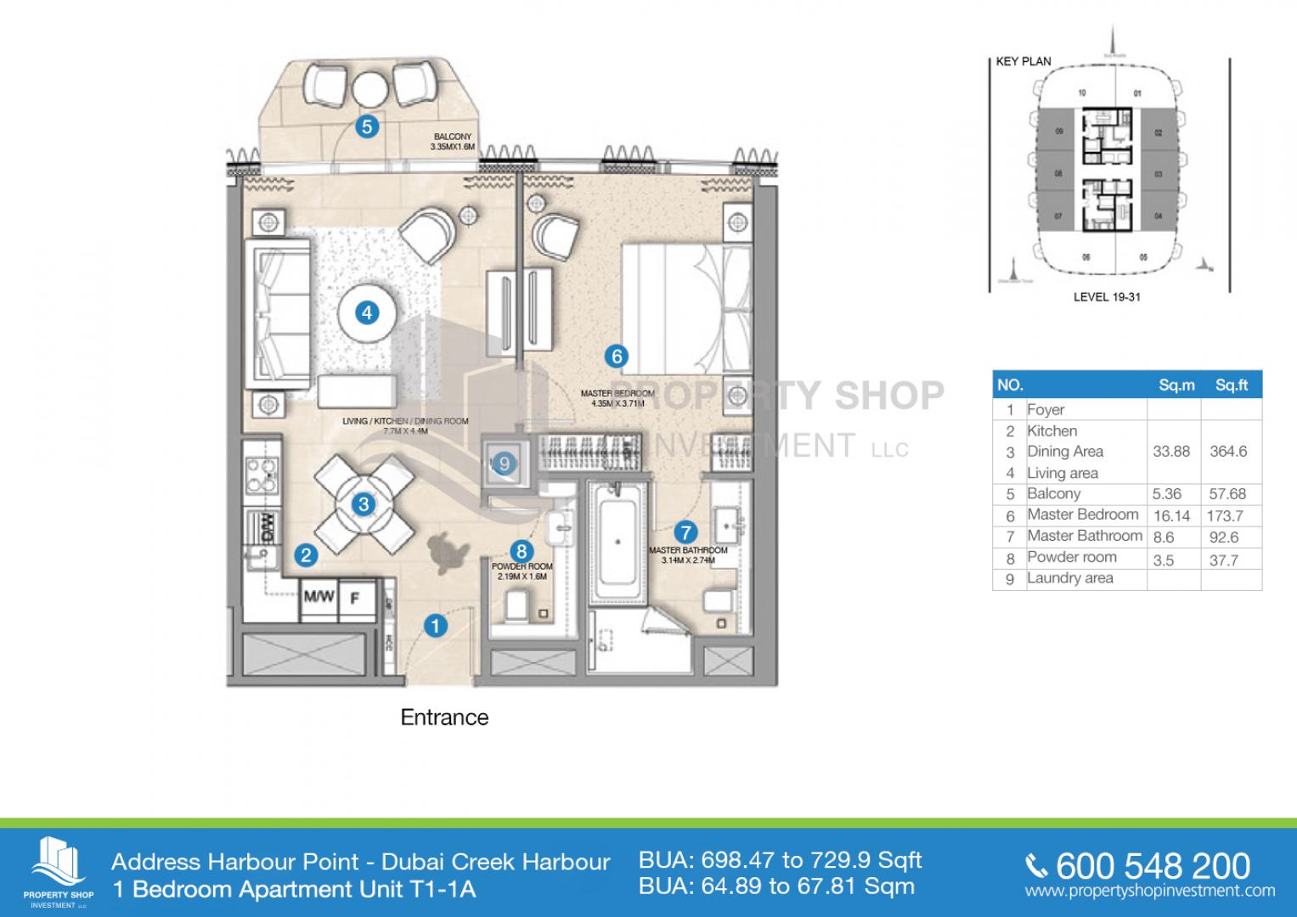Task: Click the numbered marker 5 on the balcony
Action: pyautogui.click(x=367, y=127)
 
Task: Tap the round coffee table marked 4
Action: pyautogui.click(x=367, y=312)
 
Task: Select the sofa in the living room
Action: pyautogui.click(x=278, y=313)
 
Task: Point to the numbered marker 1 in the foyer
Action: pyautogui.click(x=435, y=627)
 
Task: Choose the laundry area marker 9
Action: pyautogui.click(x=505, y=464)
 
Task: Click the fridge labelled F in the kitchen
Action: pyautogui.click(x=356, y=598)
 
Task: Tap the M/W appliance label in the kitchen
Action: pyautogui.click(x=319, y=597)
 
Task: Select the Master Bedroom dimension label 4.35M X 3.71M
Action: pyautogui.click(x=617, y=398)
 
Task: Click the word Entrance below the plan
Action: pyautogui.click(x=444, y=717)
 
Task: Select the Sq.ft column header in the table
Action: pyautogui.click(x=1231, y=385)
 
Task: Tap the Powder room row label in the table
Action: pyautogui.click(x=1071, y=557)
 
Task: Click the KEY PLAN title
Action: pyautogui.click(x=1024, y=61)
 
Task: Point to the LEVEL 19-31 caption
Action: pyautogui.click(x=1105, y=297)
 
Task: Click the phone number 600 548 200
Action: pyautogui.click(x=1153, y=866)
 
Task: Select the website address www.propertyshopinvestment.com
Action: pyautogui.click(x=1149, y=892)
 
